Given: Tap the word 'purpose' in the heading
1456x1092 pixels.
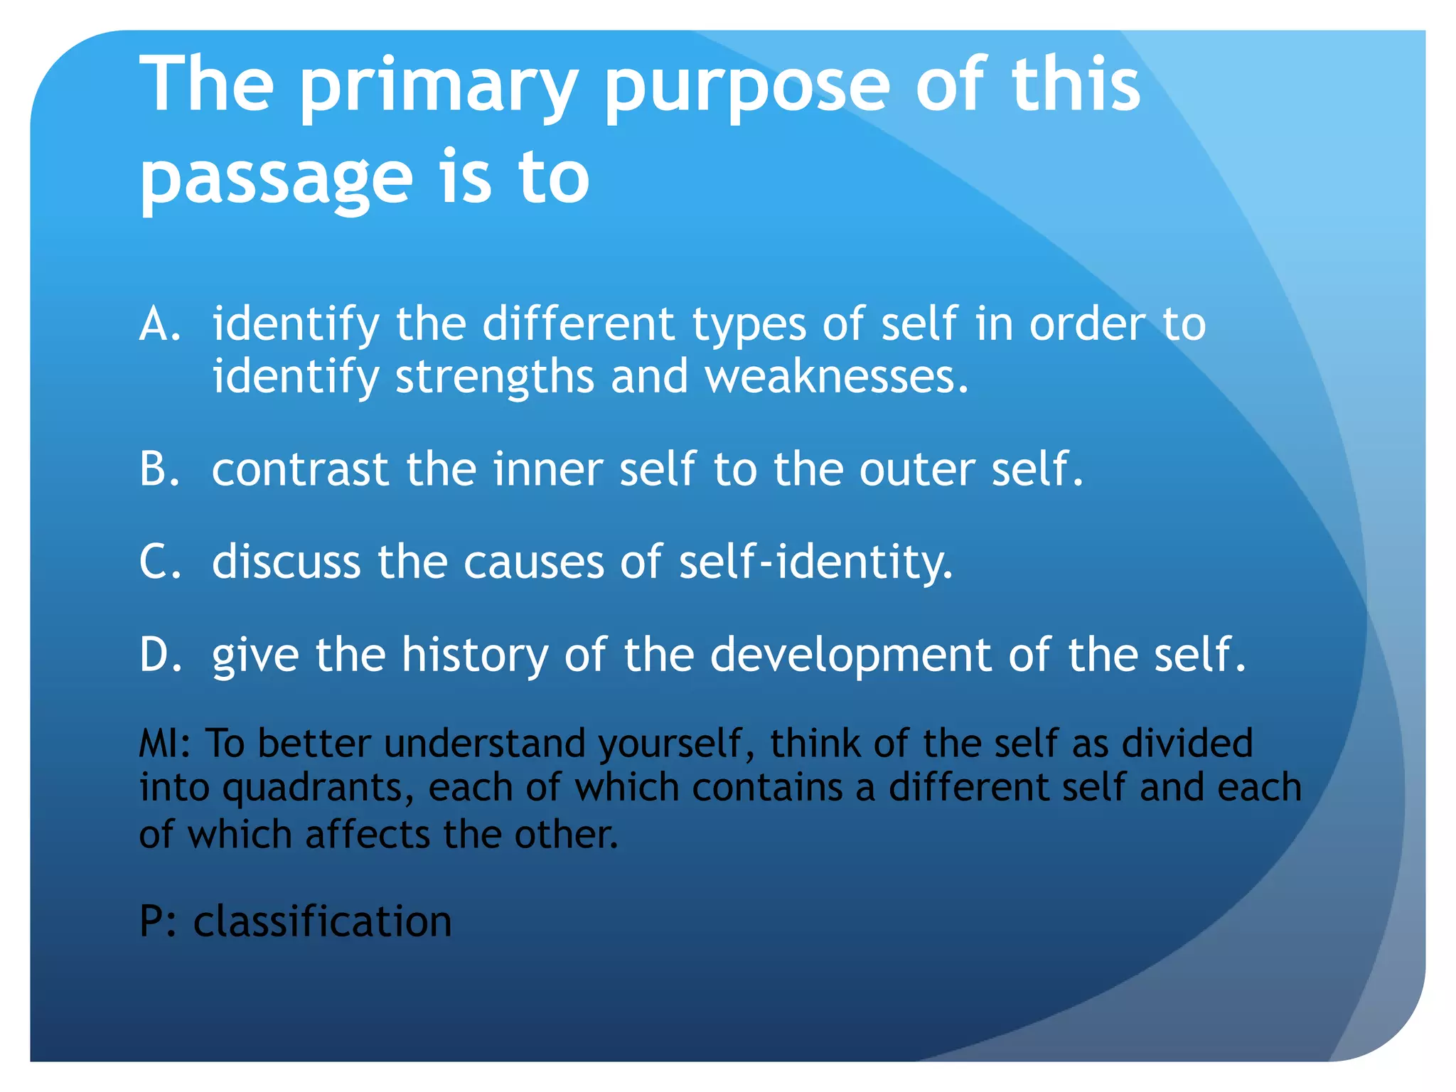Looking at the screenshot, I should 746,88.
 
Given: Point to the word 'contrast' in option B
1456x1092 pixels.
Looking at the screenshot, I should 300,470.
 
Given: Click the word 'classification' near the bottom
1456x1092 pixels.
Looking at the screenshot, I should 322,921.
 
